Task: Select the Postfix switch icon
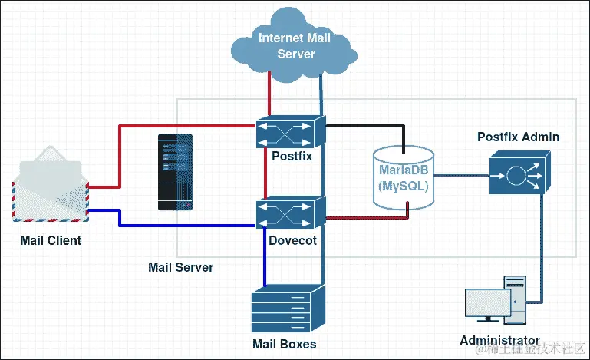(x=291, y=132)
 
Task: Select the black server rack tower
(x=174, y=172)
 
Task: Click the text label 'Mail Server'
(x=180, y=267)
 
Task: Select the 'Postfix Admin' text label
(x=518, y=137)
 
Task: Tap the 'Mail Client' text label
(x=51, y=241)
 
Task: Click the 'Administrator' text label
(x=499, y=340)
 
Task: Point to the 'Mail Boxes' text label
(x=284, y=343)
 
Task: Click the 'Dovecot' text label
(x=292, y=240)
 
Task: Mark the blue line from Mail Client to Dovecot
(x=184, y=226)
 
